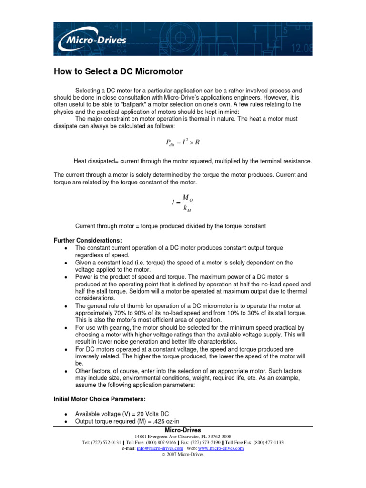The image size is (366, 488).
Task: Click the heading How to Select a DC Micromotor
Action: (117, 72)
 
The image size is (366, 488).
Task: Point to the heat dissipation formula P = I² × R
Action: (182, 141)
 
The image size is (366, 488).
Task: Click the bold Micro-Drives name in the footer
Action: (183, 430)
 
